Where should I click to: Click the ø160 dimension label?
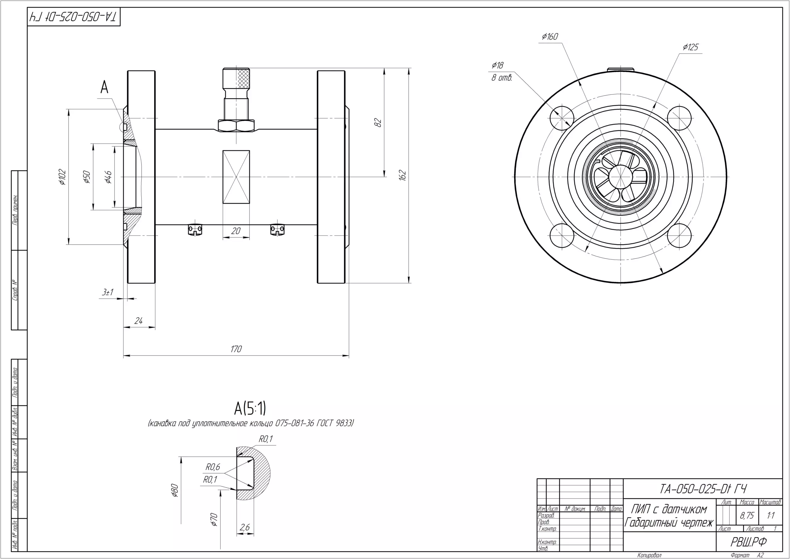tap(550, 36)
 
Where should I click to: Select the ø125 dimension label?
tap(691, 47)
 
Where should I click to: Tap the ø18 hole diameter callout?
tap(497, 65)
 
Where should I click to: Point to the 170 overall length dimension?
tap(236, 349)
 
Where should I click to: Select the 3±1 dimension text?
tap(108, 292)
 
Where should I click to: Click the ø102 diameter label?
tap(62, 177)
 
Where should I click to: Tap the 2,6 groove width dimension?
tap(245, 527)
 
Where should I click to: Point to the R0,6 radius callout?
tap(213, 467)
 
